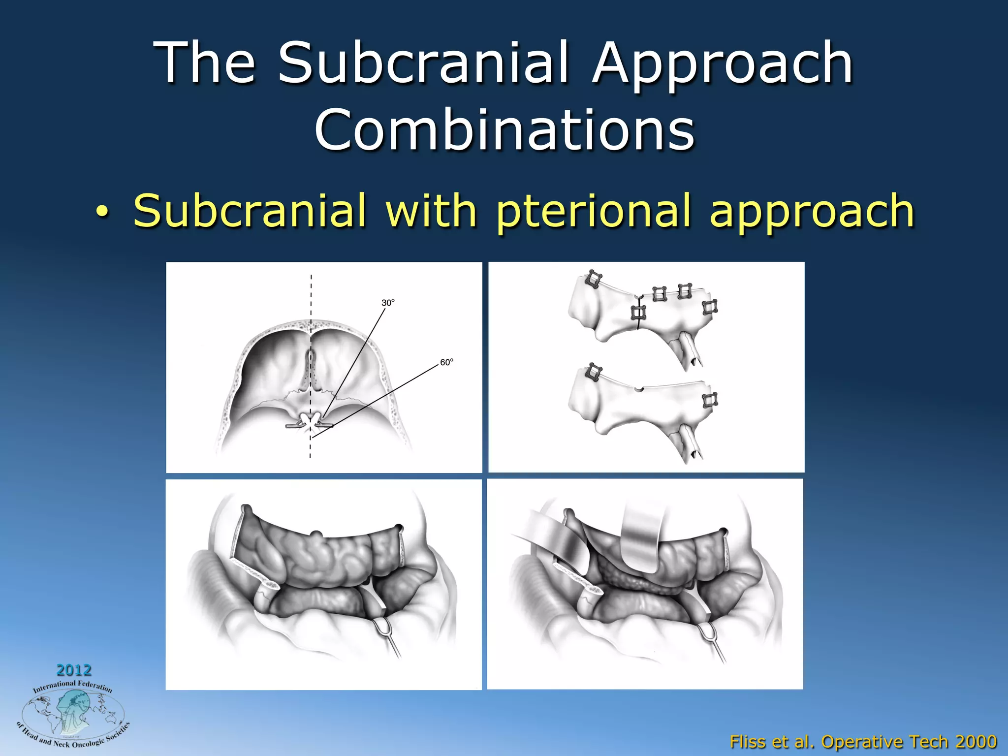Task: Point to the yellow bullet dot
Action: (x=101, y=212)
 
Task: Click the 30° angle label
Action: (x=388, y=303)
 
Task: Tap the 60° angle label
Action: (x=446, y=362)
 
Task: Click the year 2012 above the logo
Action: (x=74, y=670)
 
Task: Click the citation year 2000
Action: (x=976, y=741)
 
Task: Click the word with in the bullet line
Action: (x=431, y=211)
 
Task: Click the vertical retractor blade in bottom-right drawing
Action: (x=643, y=536)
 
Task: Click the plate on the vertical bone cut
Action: (x=638, y=312)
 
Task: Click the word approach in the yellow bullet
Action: (x=812, y=211)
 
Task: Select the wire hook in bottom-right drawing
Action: (x=708, y=632)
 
